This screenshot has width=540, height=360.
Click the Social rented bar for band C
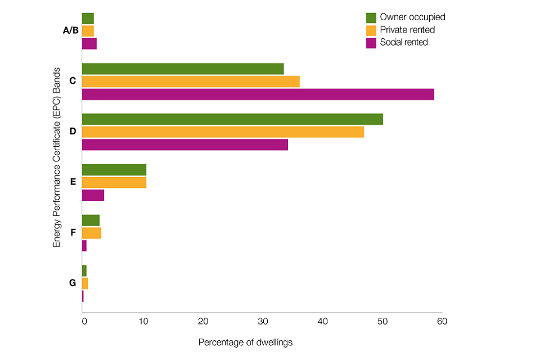[258, 94]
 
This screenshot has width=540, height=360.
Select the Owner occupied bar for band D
[232, 119]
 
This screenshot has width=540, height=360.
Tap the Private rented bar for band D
[223, 132]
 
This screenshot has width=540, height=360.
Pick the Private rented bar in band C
[191, 82]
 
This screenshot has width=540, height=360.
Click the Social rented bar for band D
[185, 145]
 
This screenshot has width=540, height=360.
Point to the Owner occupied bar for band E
[114, 170]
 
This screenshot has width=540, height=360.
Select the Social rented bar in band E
[93, 196]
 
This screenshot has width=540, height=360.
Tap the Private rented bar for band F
[92, 233]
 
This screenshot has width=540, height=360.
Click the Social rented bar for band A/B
[89, 44]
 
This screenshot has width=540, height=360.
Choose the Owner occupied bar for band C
[183, 69]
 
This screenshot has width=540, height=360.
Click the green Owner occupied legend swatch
[371, 17]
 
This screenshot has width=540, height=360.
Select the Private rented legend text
[407, 30]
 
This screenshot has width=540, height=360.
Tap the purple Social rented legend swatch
[371, 42]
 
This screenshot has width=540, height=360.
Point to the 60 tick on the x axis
[442, 321]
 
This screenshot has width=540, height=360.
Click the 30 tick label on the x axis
[263, 321]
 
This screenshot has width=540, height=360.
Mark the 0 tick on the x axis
[84, 321]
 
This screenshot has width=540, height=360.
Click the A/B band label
[71, 30]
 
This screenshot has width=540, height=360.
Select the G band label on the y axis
[73, 283]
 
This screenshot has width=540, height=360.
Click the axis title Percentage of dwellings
[246, 342]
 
